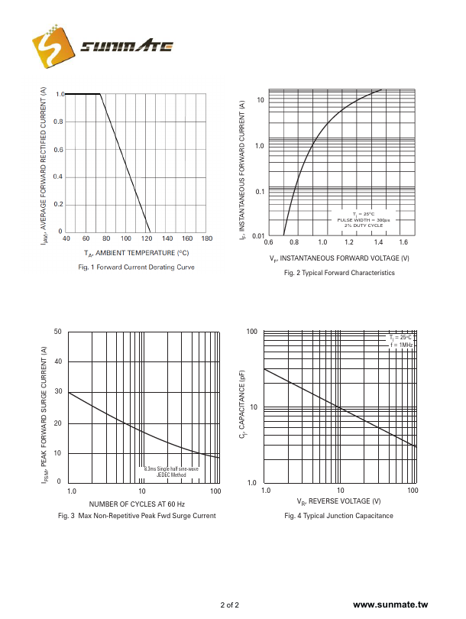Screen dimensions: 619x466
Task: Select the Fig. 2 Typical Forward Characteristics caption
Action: pos(339,273)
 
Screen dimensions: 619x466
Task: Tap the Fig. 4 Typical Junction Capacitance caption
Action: pos(338,516)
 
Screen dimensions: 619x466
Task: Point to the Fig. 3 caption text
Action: pos(137,516)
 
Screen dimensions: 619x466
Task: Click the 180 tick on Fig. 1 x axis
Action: pos(206,239)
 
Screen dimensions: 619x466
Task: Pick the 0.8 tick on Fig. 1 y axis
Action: pos(60,122)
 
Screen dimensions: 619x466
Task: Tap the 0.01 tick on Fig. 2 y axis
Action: pos(257,236)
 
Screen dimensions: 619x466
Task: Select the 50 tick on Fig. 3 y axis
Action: pos(58,332)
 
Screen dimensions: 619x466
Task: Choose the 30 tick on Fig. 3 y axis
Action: pos(58,393)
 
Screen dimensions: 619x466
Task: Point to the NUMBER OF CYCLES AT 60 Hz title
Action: pos(137,504)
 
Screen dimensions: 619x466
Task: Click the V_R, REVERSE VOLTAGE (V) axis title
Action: pos(338,501)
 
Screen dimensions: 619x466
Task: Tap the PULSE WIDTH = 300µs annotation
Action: pos(364,220)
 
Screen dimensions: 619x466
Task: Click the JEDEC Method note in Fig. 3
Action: pos(171,475)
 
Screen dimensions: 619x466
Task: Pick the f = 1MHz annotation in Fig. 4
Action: pos(401,345)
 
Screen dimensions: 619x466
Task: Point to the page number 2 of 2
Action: pos(230,605)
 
